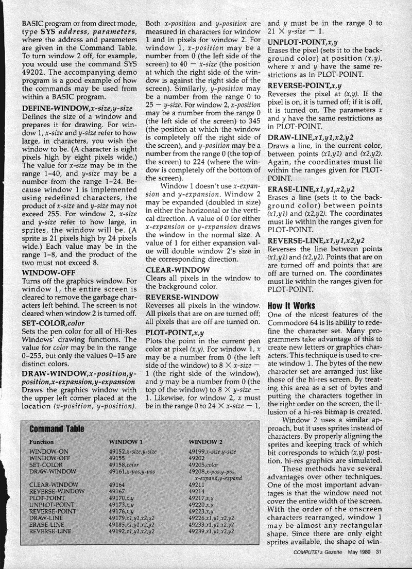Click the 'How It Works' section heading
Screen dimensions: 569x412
pyautogui.click(x=291, y=305)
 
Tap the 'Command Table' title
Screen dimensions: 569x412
pyautogui.click(x=57, y=428)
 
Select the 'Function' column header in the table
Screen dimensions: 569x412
pyautogui.click(x=41, y=442)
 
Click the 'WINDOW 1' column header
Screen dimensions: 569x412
pyautogui.click(x=126, y=442)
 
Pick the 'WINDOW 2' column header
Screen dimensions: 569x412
pyautogui.click(x=205, y=442)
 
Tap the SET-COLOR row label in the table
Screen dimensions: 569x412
pyautogui.click(x=47, y=464)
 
